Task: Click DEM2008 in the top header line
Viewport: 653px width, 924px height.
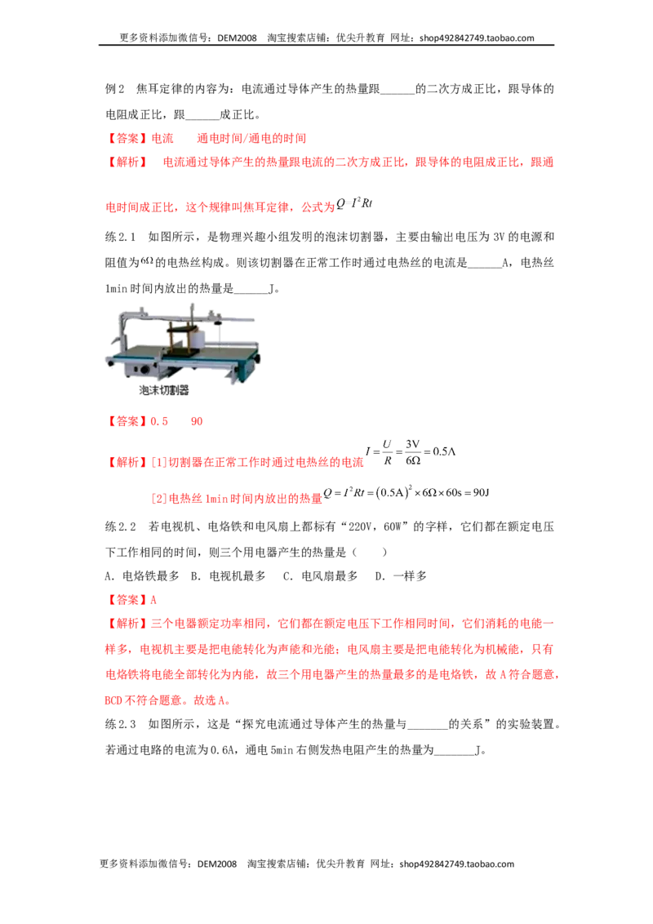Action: (237, 38)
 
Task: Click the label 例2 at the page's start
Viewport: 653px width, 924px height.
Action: (115, 89)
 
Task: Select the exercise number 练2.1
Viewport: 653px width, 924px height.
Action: (121, 237)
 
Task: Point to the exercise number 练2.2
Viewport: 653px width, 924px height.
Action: (121, 526)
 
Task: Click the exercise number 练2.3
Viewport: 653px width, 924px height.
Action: (121, 724)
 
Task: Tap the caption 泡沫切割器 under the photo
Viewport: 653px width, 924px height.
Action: (164, 390)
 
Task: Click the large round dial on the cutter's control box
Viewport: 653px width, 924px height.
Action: (143, 370)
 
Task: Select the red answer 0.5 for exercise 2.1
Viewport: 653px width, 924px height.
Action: (159, 421)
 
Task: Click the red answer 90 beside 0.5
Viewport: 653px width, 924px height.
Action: (197, 421)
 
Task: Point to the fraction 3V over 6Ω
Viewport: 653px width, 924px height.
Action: (412, 452)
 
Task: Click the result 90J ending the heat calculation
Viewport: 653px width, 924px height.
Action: (481, 493)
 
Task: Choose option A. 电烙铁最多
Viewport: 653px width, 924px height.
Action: (142, 575)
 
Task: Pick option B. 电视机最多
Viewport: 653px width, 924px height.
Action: (228, 575)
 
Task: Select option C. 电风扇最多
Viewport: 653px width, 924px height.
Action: (321, 575)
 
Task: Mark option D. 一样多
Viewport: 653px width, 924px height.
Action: (401, 575)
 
